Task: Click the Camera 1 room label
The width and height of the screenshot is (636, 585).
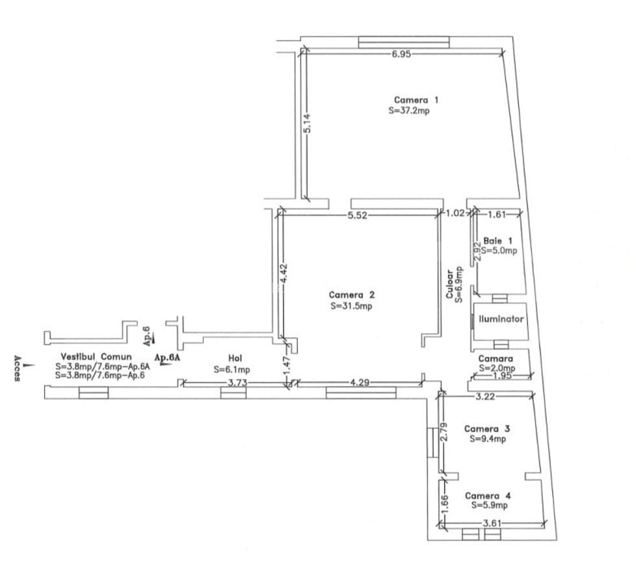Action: [416, 100]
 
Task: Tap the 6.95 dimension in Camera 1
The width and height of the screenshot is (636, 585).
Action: [401, 54]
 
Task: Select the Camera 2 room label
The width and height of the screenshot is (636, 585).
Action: [351, 294]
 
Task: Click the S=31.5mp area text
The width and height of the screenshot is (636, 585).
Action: [351, 306]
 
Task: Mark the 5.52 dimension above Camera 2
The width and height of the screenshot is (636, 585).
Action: [358, 216]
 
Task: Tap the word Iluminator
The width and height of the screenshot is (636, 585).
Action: [501, 320]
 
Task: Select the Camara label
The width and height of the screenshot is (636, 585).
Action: [496, 359]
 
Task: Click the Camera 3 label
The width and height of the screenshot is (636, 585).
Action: [487, 428]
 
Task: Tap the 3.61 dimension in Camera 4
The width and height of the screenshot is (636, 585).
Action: [493, 523]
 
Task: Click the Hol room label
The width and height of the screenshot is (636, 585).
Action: [235, 358]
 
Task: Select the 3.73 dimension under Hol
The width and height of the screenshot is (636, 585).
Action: [237, 383]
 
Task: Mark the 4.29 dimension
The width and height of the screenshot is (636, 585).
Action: [359, 383]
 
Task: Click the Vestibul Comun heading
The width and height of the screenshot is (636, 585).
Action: [96, 357]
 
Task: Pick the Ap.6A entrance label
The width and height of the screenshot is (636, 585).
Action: [167, 357]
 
